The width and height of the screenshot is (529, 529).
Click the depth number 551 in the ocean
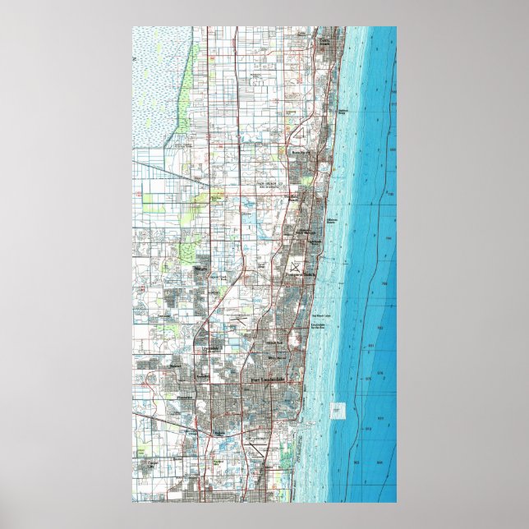[379, 347]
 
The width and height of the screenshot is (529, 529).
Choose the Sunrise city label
[175, 362]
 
